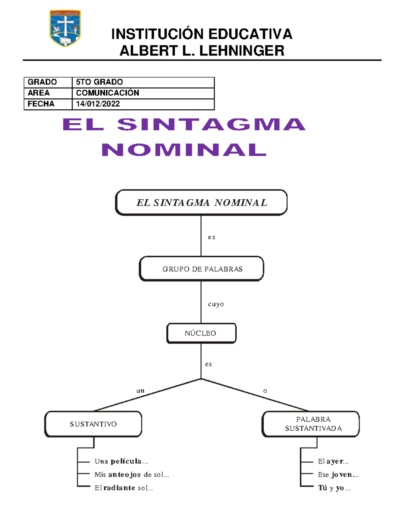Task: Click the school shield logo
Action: click(x=65, y=28)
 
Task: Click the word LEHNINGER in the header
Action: click(x=242, y=51)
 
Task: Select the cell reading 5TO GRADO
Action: click(x=99, y=82)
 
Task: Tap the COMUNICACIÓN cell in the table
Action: click(x=107, y=93)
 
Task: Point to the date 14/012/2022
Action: click(x=98, y=104)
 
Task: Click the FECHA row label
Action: click(x=41, y=104)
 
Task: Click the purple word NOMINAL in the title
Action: click(x=184, y=150)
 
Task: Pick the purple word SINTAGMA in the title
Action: click(x=211, y=125)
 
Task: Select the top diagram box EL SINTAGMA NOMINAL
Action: click(x=201, y=202)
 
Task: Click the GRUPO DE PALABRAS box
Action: click(x=201, y=269)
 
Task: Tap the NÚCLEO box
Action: click(x=201, y=333)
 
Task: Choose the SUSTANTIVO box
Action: click(x=93, y=424)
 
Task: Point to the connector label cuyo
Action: click(x=216, y=304)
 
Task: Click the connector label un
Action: click(x=140, y=391)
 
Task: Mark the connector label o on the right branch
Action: click(x=265, y=391)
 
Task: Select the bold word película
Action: click(x=126, y=461)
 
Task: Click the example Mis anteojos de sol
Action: click(x=132, y=475)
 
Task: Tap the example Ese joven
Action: click(x=338, y=475)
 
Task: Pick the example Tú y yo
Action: click(x=334, y=488)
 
